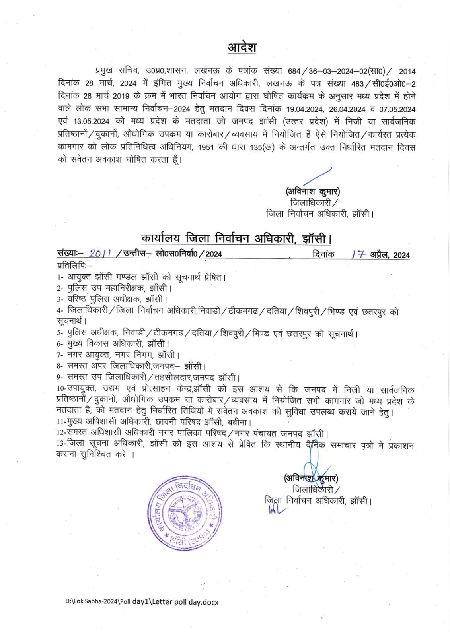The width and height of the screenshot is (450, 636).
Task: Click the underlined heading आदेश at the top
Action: click(x=242, y=47)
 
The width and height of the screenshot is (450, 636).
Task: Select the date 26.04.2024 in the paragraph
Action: click(x=347, y=109)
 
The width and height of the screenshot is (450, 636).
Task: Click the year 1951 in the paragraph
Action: click(x=205, y=147)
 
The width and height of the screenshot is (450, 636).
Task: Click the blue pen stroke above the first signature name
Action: click(x=318, y=176)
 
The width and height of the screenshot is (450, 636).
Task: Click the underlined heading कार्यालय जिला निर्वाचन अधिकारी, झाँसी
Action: click(x=236, y=238)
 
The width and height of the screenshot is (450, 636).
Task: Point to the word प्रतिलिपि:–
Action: click(x=75, y=265)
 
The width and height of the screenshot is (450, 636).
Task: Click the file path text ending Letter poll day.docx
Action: click(x=142, y=602)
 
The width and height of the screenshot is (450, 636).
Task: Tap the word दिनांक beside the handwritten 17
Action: click(x=323, y=254)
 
